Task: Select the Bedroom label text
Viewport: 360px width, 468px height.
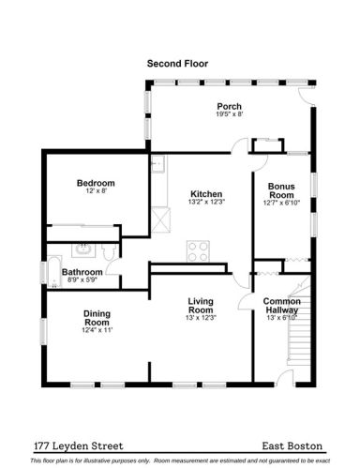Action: (x=96, y=183)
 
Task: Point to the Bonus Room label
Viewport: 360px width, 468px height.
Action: (x=281, y=191)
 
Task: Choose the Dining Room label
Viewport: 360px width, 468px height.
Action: (x=97, y=319)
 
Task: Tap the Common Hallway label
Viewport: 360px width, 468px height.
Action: (x=282, y=305)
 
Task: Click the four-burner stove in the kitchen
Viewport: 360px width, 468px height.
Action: (x=199, y=251)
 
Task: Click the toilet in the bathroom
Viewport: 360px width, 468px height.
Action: (x=111, y=252)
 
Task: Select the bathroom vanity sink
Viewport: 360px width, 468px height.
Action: (x=84, y=249)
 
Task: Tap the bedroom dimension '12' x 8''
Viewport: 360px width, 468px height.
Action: (x=96, y=191)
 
